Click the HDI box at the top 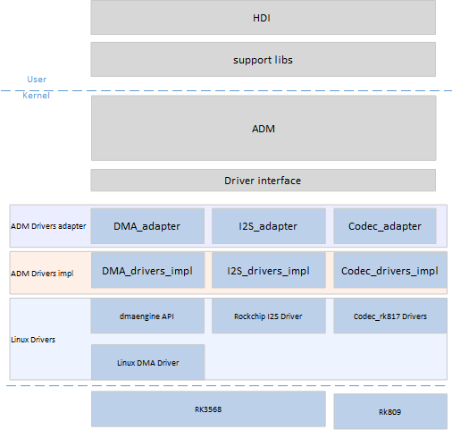(x=264, y=17)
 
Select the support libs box (x=264, y=59)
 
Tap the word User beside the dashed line (x=37, y=80)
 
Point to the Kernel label (x=36, y=96)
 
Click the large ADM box (x=264, y=128)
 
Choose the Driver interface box (x=264, y=181)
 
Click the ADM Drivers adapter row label (x=48, y=226)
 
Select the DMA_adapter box (x=147, y=226)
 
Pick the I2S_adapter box (x=269, y=226)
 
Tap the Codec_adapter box (x=385, y=226)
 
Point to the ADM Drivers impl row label (x=42, y=274)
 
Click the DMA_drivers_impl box (x=147, y=270)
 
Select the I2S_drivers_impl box (x=269, y=270)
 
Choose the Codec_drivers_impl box (x=390, y=270)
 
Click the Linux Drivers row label (x=33, y=340)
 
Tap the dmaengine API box (x=147, y=316)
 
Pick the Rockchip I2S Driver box (x=269, y=316)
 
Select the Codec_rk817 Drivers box (x=390, y=316)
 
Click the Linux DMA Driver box (x=147, y=362)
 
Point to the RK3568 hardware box (x=208, y=409)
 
